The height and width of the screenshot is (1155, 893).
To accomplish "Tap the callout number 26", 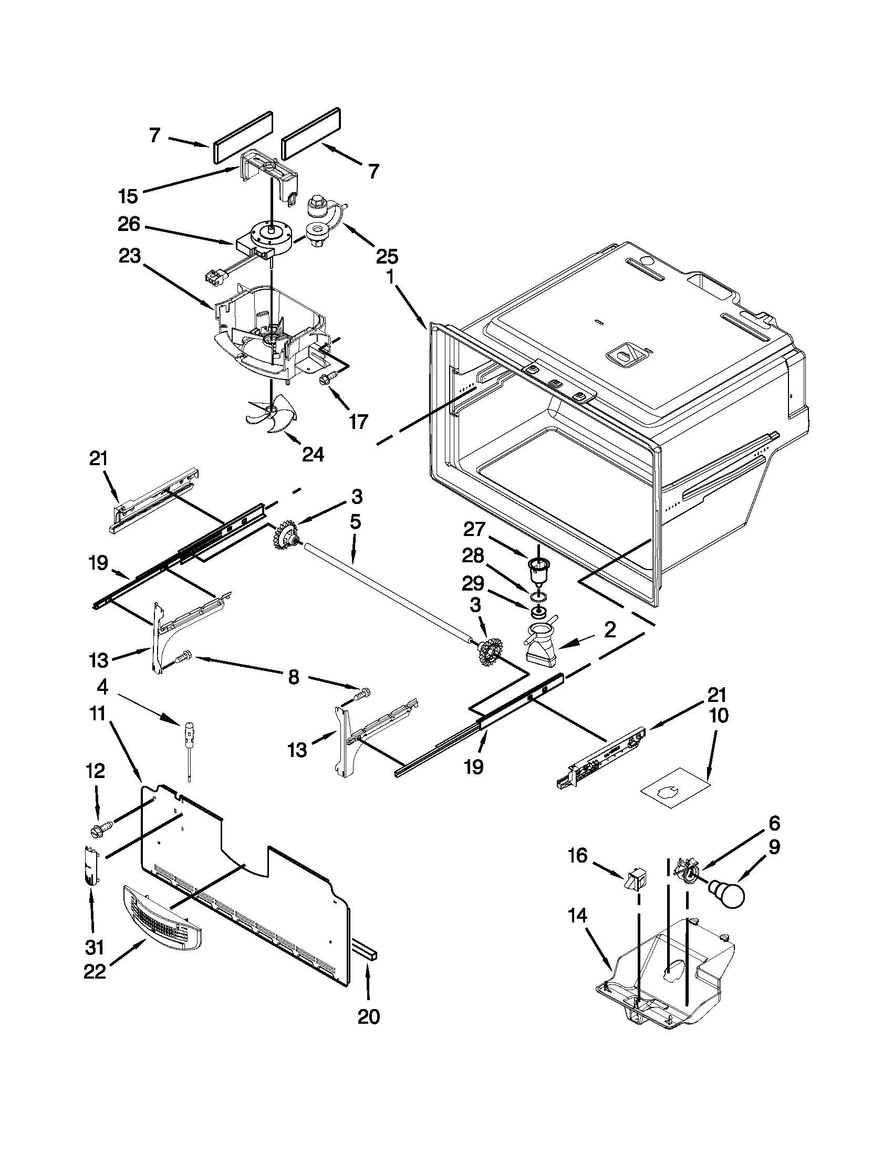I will pyautogui.click(x=129, y=225).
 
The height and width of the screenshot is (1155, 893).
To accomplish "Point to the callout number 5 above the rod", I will pyautogui.click(x=355, y=522).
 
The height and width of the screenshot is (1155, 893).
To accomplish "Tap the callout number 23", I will pyautogui.click(x=129, y=257).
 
